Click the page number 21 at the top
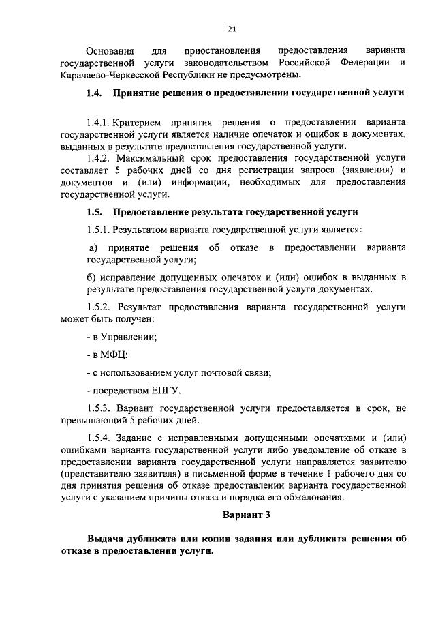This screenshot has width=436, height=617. coord(232,28)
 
